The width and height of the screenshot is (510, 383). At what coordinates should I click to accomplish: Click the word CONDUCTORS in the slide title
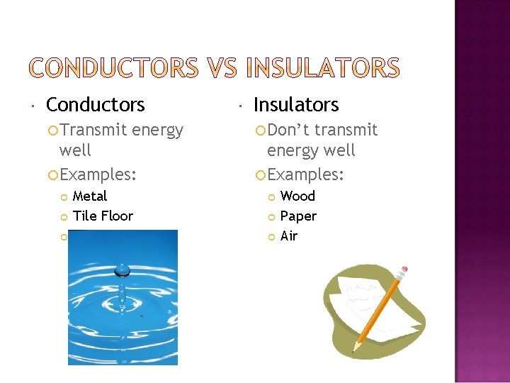coord(114,68)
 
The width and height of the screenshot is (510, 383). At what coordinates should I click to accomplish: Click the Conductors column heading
coord(95,105)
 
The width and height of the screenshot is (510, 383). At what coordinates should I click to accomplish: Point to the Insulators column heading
coord(296,105)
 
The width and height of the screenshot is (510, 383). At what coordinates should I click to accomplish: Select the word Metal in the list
coord(90,196)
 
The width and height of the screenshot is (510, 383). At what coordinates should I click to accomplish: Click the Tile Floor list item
coord(103,216)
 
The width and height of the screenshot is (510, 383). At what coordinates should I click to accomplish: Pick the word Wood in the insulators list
coord(297,196)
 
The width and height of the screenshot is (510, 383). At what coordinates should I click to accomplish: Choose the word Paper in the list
coord(298,216)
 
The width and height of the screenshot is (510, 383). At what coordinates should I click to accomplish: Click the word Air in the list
coord(289,235)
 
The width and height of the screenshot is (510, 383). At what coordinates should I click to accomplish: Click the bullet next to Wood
coord(271,196)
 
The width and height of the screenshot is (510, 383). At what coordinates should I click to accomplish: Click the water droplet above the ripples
coord(123,269)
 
